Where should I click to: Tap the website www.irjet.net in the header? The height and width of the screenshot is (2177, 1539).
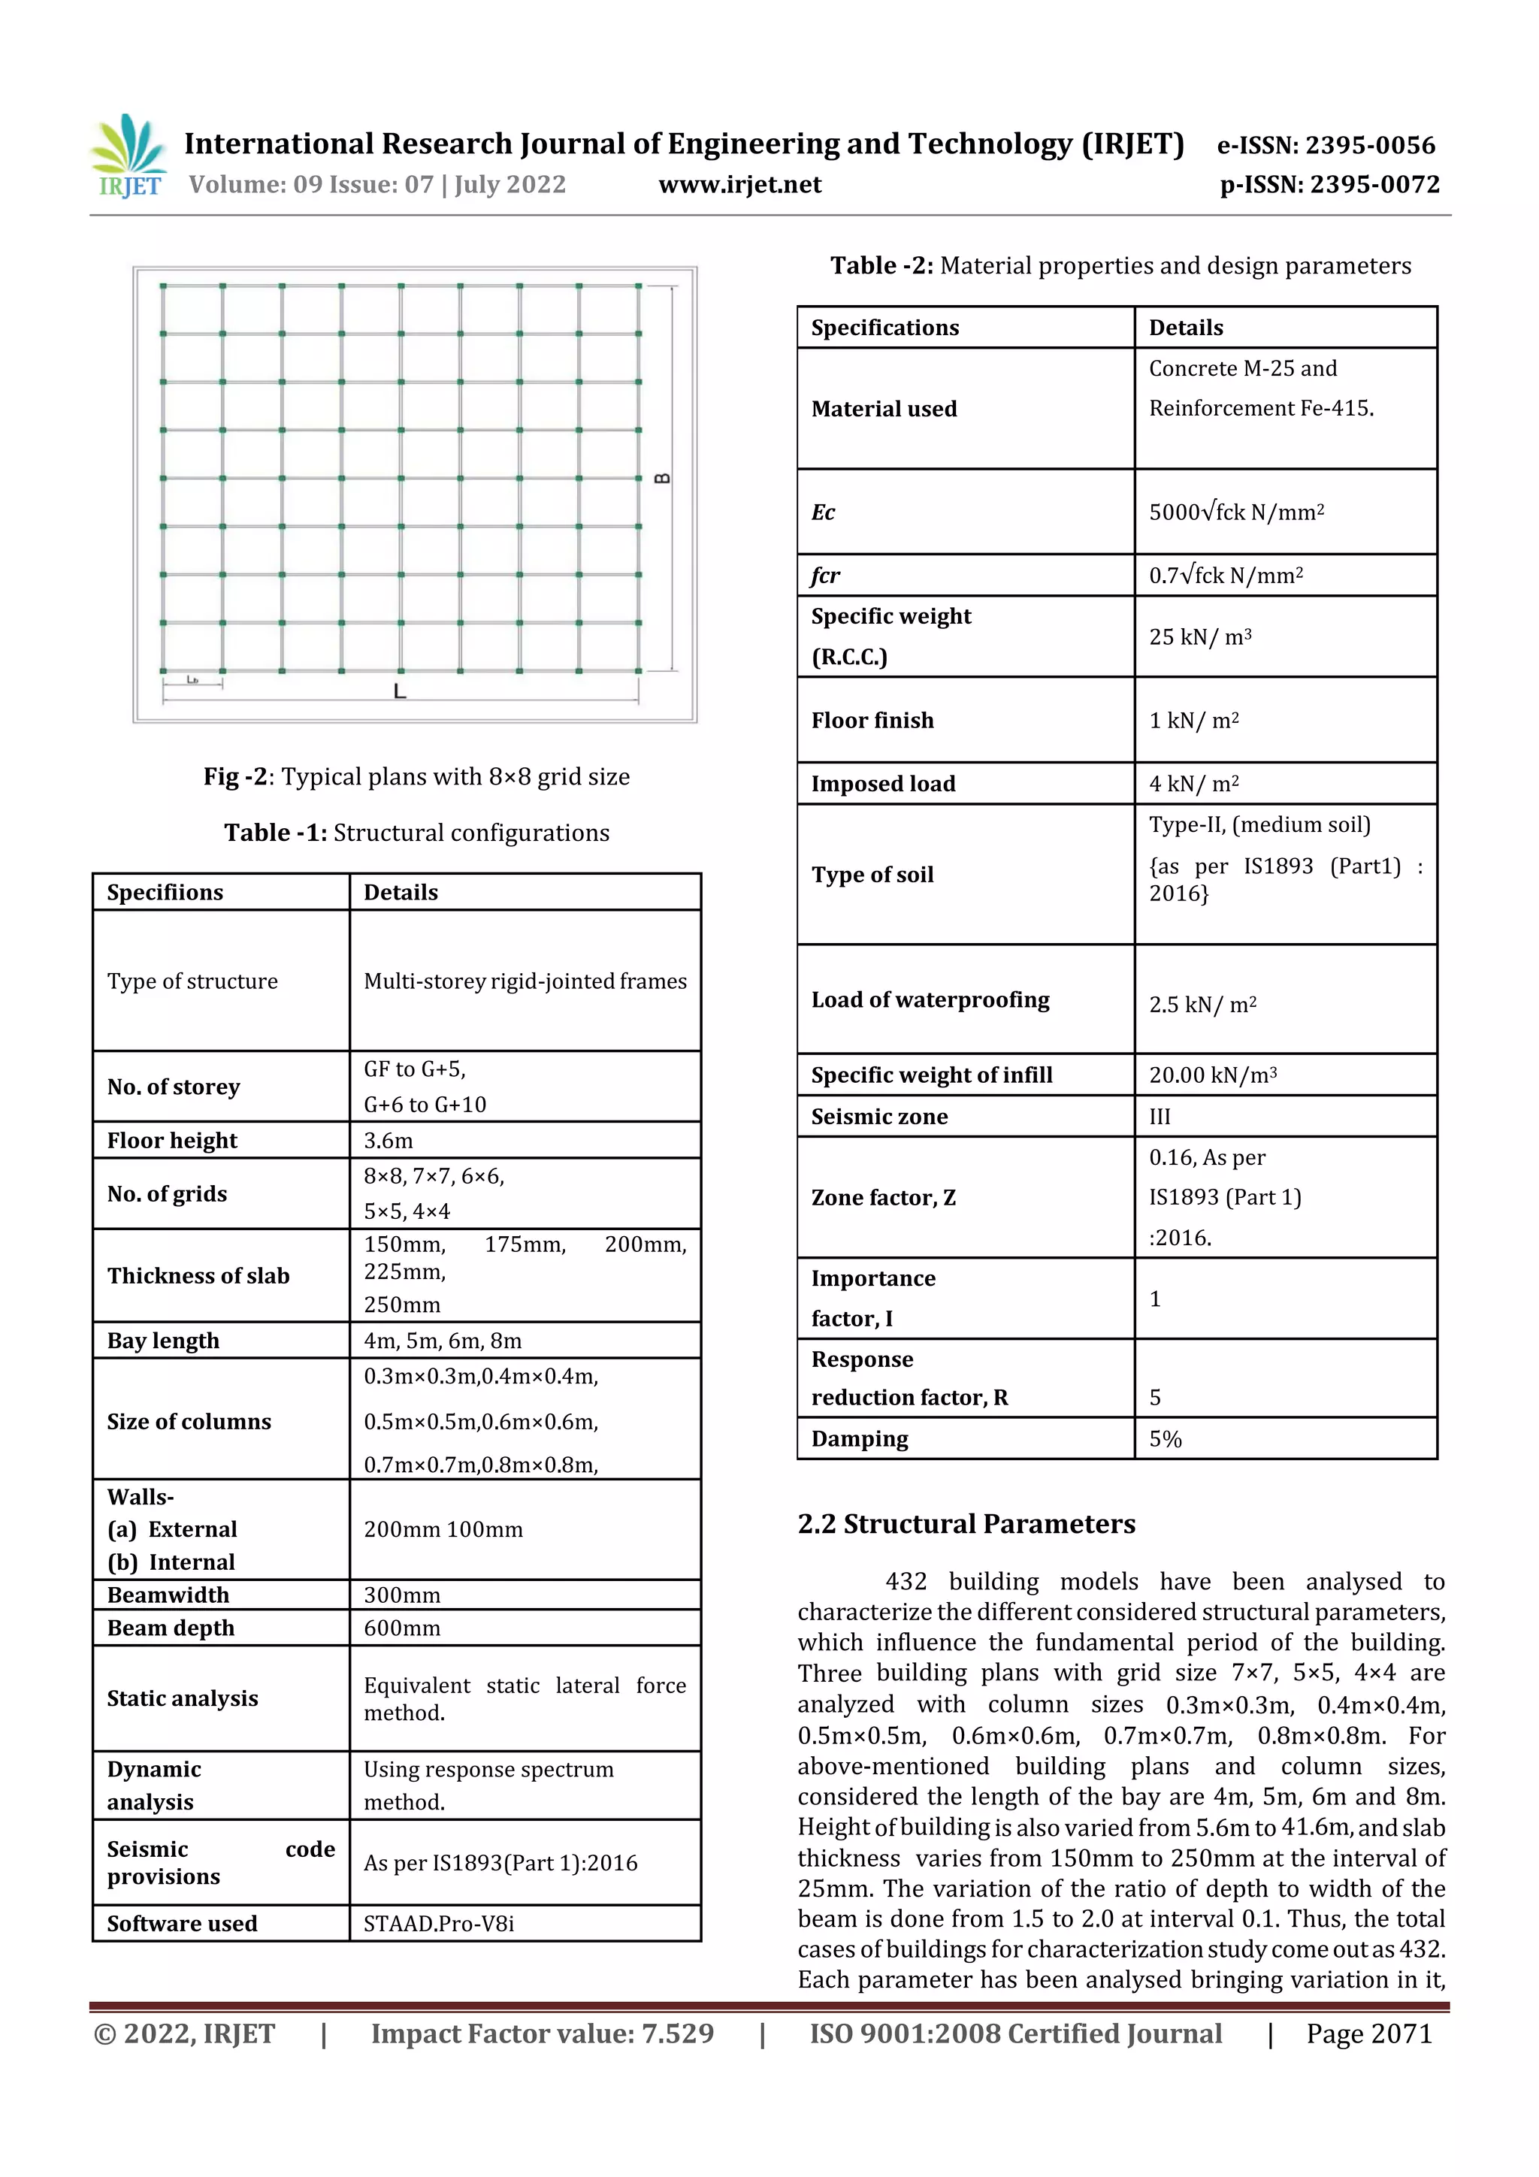pos(739,185)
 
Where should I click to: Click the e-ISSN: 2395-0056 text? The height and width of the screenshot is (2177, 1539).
pos(1326,145)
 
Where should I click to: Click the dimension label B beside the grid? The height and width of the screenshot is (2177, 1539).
pos(663,478)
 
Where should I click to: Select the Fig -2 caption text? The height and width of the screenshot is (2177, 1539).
pos(416,776)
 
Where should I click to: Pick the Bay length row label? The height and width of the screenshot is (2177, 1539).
pos(163,1341)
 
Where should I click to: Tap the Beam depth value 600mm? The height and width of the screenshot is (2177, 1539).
pos(402,1628)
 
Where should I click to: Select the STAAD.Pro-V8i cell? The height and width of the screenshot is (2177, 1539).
pos(439,1924)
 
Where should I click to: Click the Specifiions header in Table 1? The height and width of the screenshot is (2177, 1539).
pos(165,892)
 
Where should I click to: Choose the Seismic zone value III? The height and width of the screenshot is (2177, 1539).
pos(1160,1117)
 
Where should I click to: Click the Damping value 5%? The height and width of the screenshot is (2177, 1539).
pos(1166,1439)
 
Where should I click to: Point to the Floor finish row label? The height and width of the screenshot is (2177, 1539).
pos(872,721)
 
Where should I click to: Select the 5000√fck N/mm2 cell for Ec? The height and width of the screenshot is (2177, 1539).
pos(1235,512)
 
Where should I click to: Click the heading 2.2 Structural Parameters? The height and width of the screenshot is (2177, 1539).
pos(966,1524)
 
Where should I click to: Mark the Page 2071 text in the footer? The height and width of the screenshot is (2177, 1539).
pos(1368,2033)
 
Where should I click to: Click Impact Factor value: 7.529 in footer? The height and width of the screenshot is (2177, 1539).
pos(543,2033)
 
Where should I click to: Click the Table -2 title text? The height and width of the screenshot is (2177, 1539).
pos(1120,265)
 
